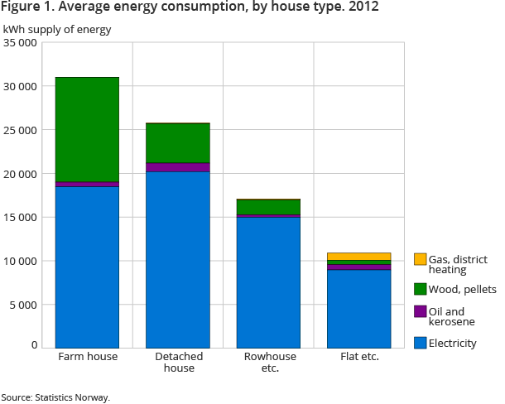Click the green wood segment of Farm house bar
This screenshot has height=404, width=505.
pyautogui.click(x=87, y=129)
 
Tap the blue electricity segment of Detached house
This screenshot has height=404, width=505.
pyautogui.click(x=177, y=259)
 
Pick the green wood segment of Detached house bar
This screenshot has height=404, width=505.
pyautogui.click(x=177, y=143)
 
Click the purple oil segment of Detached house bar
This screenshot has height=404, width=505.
pyautogui.click(x=177, y=167)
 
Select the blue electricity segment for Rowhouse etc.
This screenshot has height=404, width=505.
pyautogui.click(x=268, y=281)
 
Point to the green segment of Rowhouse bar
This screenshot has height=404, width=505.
pyautogui.click(x=268, y=207)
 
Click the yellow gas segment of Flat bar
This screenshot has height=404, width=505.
pyautogui.click(x=358, y=257)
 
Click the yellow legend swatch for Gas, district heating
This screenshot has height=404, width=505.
pyautogui.click(x=420, y=260)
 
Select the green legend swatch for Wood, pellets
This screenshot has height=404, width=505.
pyautogui.click(x=420, y=288)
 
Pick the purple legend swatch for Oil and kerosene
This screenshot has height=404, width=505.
pyautogui.click(x=420, y=311)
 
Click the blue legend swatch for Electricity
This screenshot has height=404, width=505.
pyautogui.click(x=420, y=343)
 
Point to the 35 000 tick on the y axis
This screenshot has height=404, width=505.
pyautogui.click(x=21, y=43)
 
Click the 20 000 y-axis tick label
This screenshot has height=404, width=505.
pyautogui.click(x=21, y=174)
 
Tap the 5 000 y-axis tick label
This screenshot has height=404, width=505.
pyautogui.click(x=23, y=304)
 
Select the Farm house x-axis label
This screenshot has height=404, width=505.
pyautogui.click(x=87, y=357)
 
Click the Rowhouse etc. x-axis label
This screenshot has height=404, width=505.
pyautogui.click(x=268, y=363)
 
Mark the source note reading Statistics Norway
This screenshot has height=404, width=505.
pyautogui.click(x=55, y=397)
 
